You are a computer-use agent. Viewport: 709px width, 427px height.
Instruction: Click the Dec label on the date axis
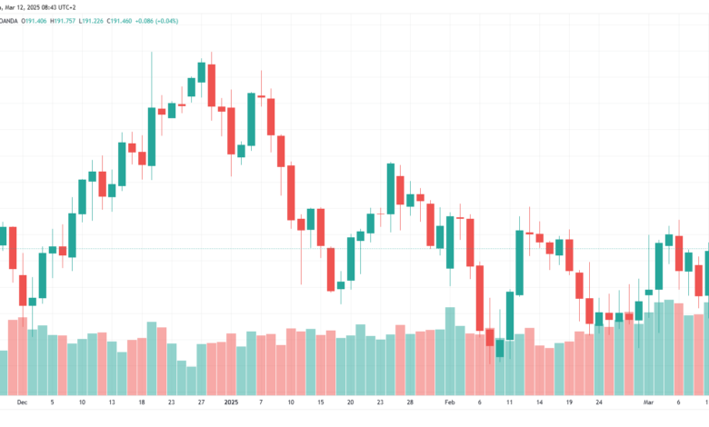coord(22,402)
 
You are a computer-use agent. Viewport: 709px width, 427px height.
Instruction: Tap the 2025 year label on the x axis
coord(231,402)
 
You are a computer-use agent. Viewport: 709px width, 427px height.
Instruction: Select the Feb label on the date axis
coord(449,402)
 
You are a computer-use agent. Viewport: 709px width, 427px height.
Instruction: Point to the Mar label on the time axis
coord(648,402)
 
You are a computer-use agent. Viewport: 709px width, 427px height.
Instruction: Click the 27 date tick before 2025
coord(201,402)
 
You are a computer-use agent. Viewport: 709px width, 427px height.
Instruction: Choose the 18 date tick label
coord(142,402)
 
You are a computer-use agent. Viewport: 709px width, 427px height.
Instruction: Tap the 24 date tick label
coord(599,402)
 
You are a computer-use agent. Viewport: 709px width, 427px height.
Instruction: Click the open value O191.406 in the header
coord(34,21)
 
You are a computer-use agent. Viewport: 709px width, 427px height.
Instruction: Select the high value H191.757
coord(63,21)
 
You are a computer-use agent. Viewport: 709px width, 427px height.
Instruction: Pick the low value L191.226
coord(91,21)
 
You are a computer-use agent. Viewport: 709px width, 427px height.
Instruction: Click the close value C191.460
coord(119,21)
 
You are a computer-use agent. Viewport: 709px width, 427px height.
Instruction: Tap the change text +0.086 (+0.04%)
coord(156,21)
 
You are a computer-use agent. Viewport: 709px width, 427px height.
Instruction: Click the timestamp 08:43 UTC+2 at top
coord(58,7)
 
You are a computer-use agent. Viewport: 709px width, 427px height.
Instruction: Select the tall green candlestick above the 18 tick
coord(152,136)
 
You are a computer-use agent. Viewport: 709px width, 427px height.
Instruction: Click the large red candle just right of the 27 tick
coord(212,85)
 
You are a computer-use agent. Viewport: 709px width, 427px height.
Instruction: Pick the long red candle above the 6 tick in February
coord(480,298)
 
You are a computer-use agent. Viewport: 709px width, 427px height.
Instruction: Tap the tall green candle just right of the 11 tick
coord(520,263)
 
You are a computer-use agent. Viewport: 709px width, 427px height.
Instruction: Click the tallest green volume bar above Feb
coord(450,351)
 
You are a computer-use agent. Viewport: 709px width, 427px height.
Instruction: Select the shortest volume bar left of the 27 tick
coord(191,381)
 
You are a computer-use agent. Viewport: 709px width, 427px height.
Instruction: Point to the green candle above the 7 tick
coord(251,119)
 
